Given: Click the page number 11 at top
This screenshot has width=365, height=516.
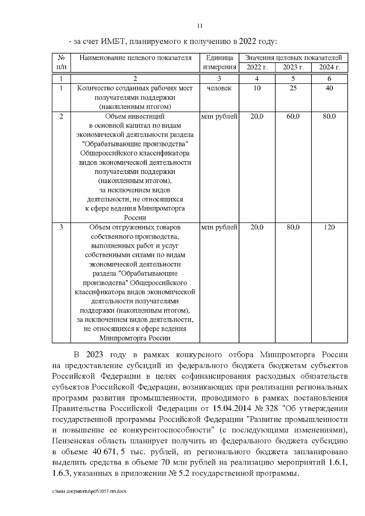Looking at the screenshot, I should (200, 26).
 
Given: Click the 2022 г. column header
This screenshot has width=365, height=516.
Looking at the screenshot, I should (257, 67).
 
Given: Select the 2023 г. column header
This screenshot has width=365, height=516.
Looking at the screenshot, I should (293, 67).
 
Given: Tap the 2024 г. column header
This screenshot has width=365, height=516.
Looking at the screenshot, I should (329, 67).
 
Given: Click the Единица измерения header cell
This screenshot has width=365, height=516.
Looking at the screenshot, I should (219, 62).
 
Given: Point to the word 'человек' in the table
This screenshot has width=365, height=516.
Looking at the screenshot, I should (219, 88).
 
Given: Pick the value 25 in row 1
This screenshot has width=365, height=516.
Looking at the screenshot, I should (293, 88).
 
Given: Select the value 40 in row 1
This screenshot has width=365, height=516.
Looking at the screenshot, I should (329, 88).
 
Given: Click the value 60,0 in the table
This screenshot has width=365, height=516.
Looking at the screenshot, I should (293, 116).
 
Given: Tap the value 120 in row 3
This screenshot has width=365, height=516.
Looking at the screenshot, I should (329, 227).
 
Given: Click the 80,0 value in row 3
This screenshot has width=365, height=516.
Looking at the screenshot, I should (293, 227).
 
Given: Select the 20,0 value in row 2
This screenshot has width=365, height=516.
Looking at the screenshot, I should (257, 116).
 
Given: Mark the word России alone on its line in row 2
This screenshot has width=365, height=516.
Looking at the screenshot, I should (135, 218).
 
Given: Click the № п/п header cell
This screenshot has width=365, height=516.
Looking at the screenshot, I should (61, 62).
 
